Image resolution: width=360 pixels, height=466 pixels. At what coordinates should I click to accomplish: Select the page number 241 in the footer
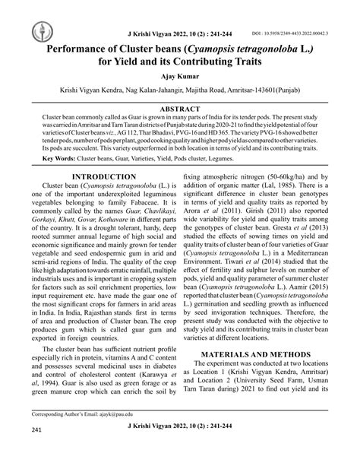[x=36, y=452]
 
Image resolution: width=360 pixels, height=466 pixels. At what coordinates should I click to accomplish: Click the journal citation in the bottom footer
[x=179, y=449]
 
